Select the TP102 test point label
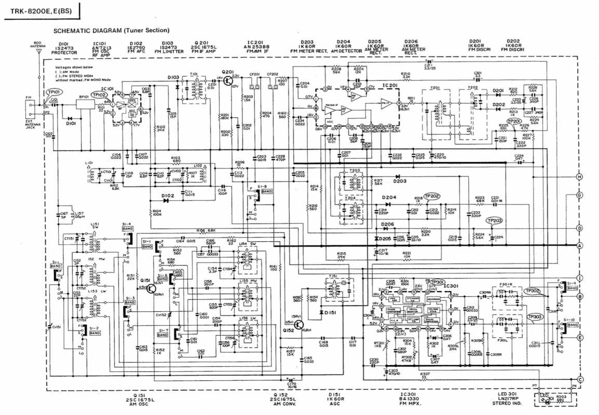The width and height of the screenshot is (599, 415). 99,95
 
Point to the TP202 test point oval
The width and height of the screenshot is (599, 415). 432,196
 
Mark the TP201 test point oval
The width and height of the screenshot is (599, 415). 514,121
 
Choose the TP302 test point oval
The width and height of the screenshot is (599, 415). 533,292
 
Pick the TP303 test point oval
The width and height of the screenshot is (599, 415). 535,316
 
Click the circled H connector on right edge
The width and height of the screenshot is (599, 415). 580,177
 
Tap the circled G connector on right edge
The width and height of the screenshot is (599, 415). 580,196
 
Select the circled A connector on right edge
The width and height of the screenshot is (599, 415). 580,245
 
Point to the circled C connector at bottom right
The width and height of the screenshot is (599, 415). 580,380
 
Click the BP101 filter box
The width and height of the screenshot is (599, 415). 84,103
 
